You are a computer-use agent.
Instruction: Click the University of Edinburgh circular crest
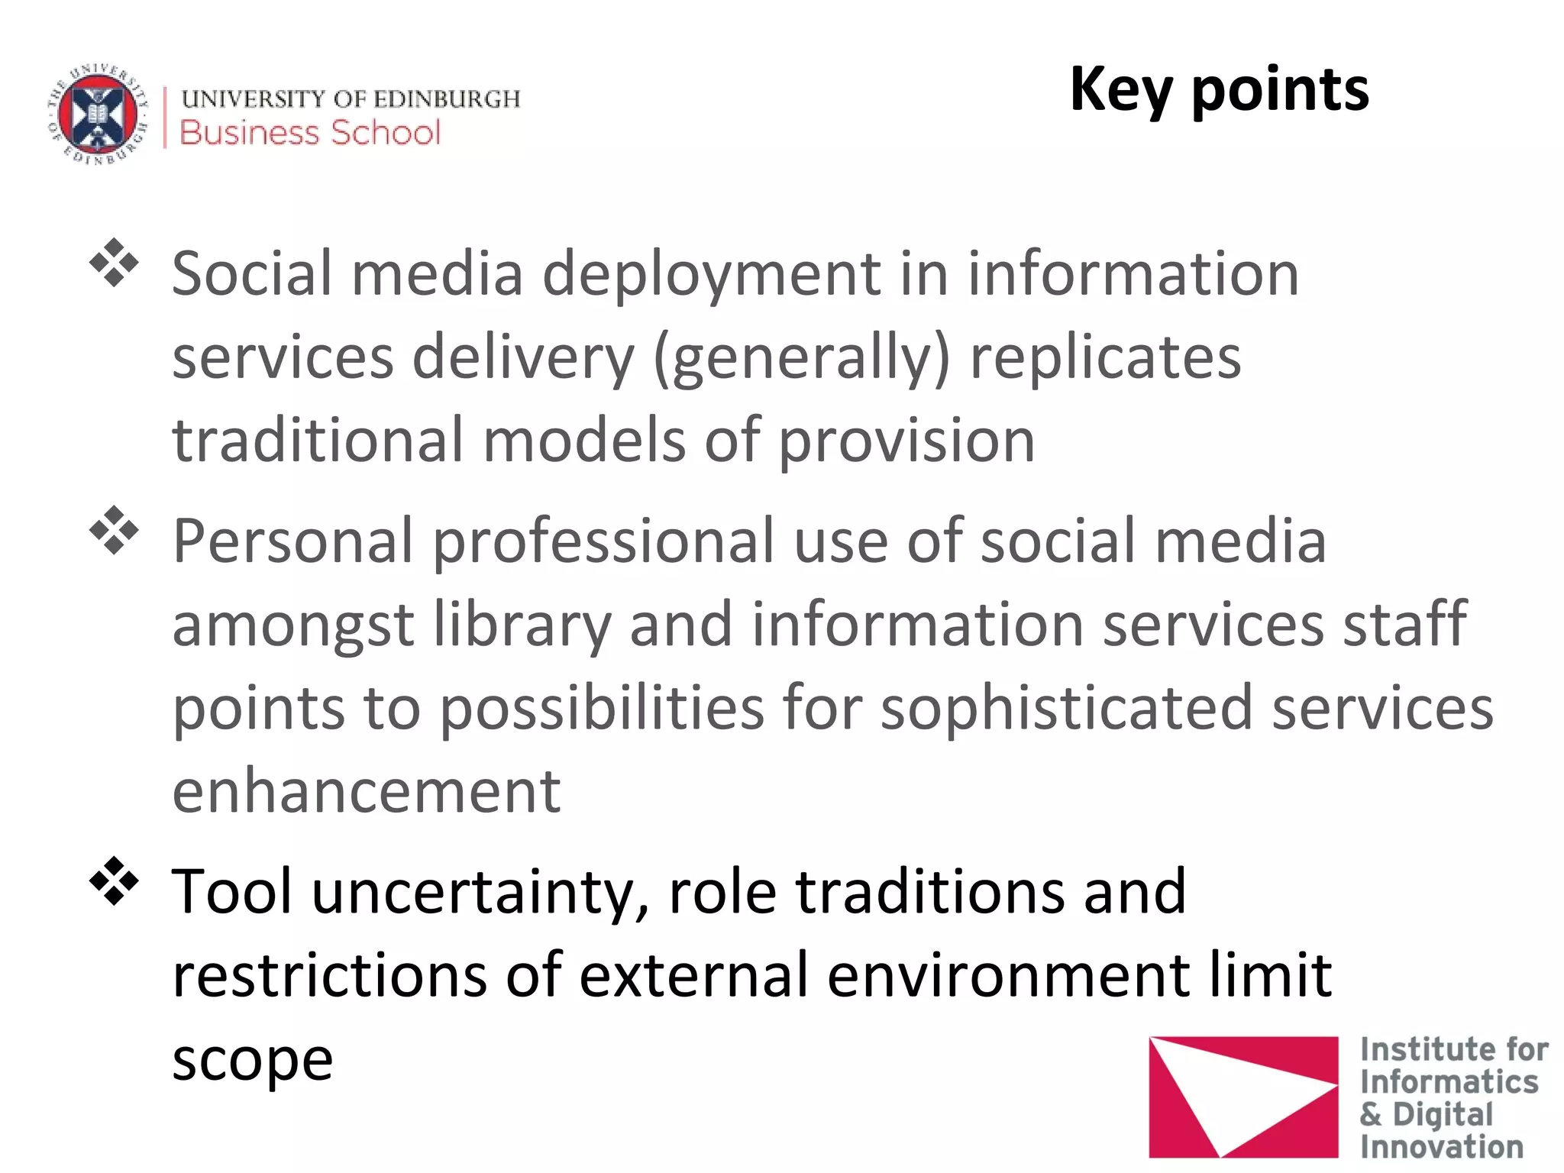[x=98, y=115]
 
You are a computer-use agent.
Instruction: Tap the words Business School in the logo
[x=310, y=133]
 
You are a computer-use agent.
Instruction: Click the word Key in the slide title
[x=1120, y=90]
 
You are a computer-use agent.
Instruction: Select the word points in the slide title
[x=1281, y=90]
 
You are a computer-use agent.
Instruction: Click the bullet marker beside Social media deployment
[x=114, y=263]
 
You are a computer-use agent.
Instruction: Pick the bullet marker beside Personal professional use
[x=114, y=530]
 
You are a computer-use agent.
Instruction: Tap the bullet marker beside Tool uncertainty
[x=114, y=881]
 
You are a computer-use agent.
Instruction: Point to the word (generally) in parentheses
[x=802, y=359]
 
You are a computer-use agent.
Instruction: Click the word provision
[x=906, y=441]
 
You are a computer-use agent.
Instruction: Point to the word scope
[x=253, y=1060]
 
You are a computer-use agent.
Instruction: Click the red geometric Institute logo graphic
[x=1242, y=1095]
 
